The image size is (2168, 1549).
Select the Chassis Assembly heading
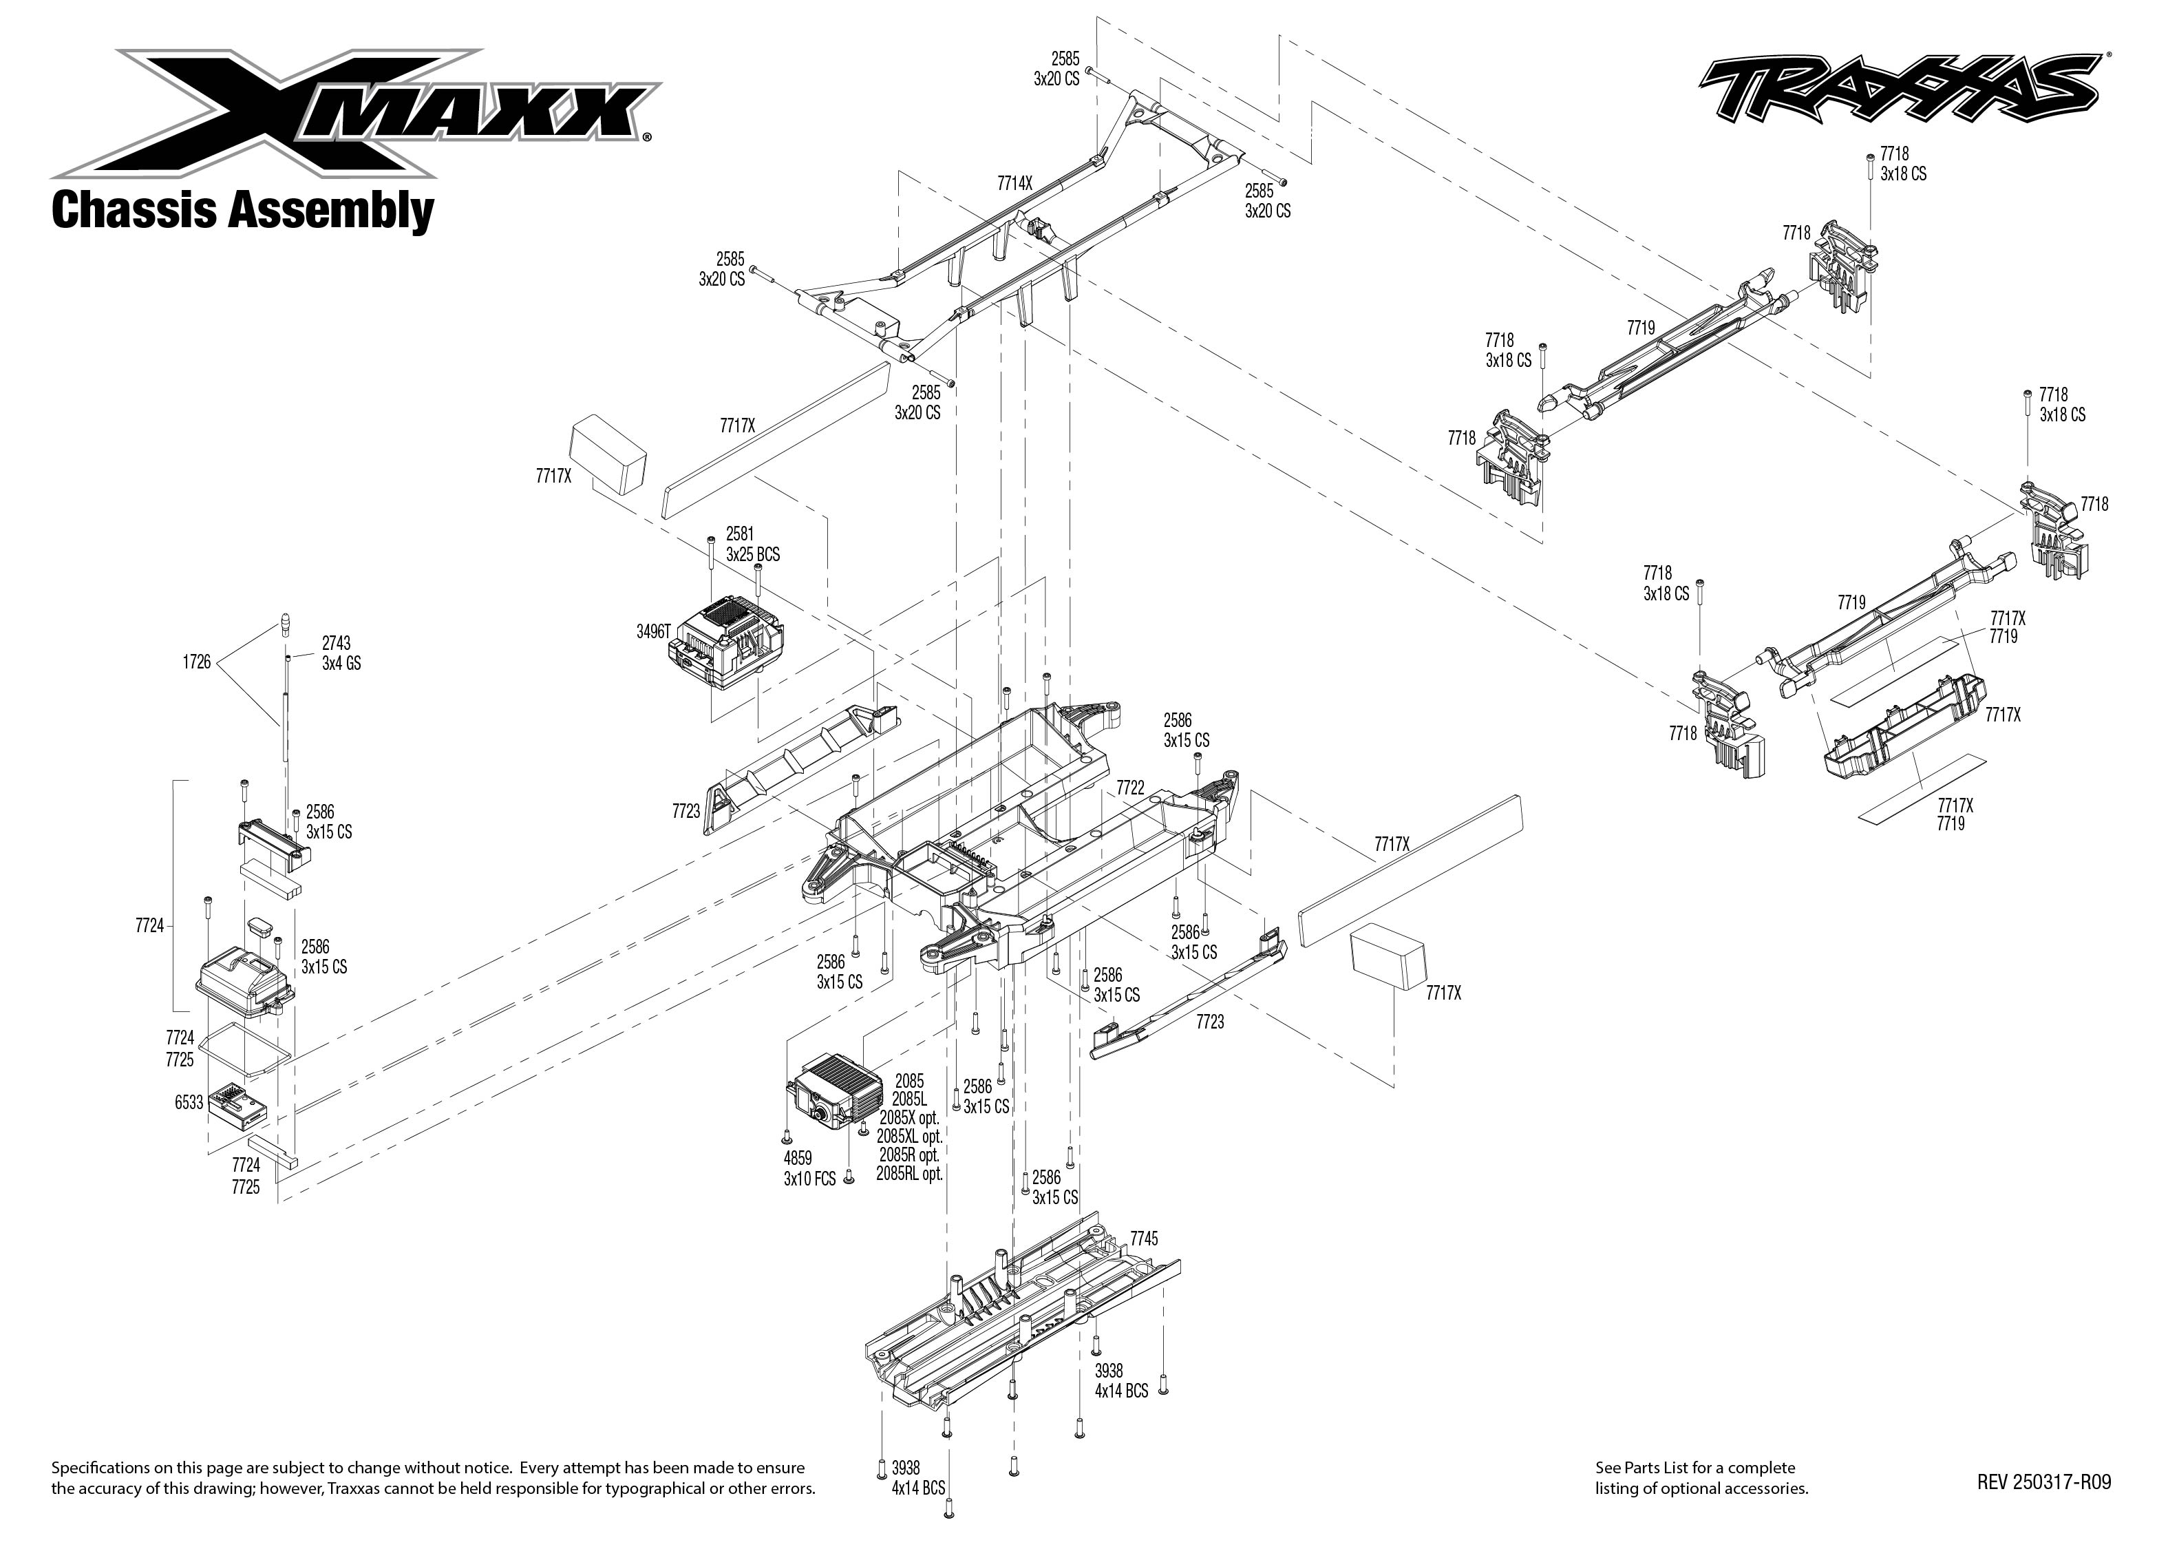click(x=242, y=210)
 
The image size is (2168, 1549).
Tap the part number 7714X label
click(x=1014, y=183)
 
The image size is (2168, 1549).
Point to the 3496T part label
click(x=654, y=631)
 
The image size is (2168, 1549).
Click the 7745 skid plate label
click(x=1143, y=1238)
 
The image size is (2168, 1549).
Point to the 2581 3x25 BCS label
click(x=752, y=544)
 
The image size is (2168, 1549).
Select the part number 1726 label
click(x=196, y=662)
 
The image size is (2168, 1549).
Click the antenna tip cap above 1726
click(x=284, y=621)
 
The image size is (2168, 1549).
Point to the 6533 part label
click(x=189, y=1103)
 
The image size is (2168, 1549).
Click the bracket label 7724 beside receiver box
click(x=149, y=925)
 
